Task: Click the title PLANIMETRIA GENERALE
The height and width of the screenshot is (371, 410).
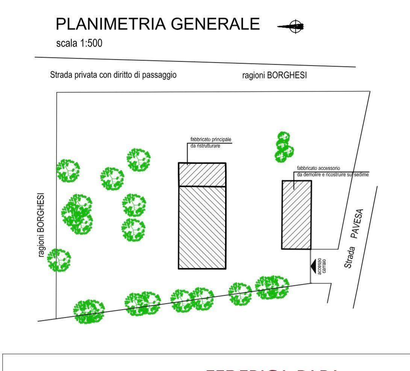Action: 157,24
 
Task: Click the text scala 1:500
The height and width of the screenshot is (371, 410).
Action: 79,44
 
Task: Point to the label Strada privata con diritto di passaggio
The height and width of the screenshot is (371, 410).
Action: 113,75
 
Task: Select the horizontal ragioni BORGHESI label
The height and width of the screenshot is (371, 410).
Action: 274,75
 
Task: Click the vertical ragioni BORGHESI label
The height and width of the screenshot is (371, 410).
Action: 41,225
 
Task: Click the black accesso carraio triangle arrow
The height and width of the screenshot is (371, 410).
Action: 313,266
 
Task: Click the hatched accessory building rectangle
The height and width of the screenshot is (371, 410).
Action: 297,215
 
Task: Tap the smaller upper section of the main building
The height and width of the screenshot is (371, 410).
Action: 202,174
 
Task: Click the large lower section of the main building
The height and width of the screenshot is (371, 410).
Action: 202,227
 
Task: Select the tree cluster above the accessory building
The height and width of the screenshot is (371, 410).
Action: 284,147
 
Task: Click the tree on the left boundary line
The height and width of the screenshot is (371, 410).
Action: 59,260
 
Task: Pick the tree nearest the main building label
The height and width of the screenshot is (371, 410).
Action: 138,160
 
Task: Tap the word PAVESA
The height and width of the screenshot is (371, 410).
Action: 358,224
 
